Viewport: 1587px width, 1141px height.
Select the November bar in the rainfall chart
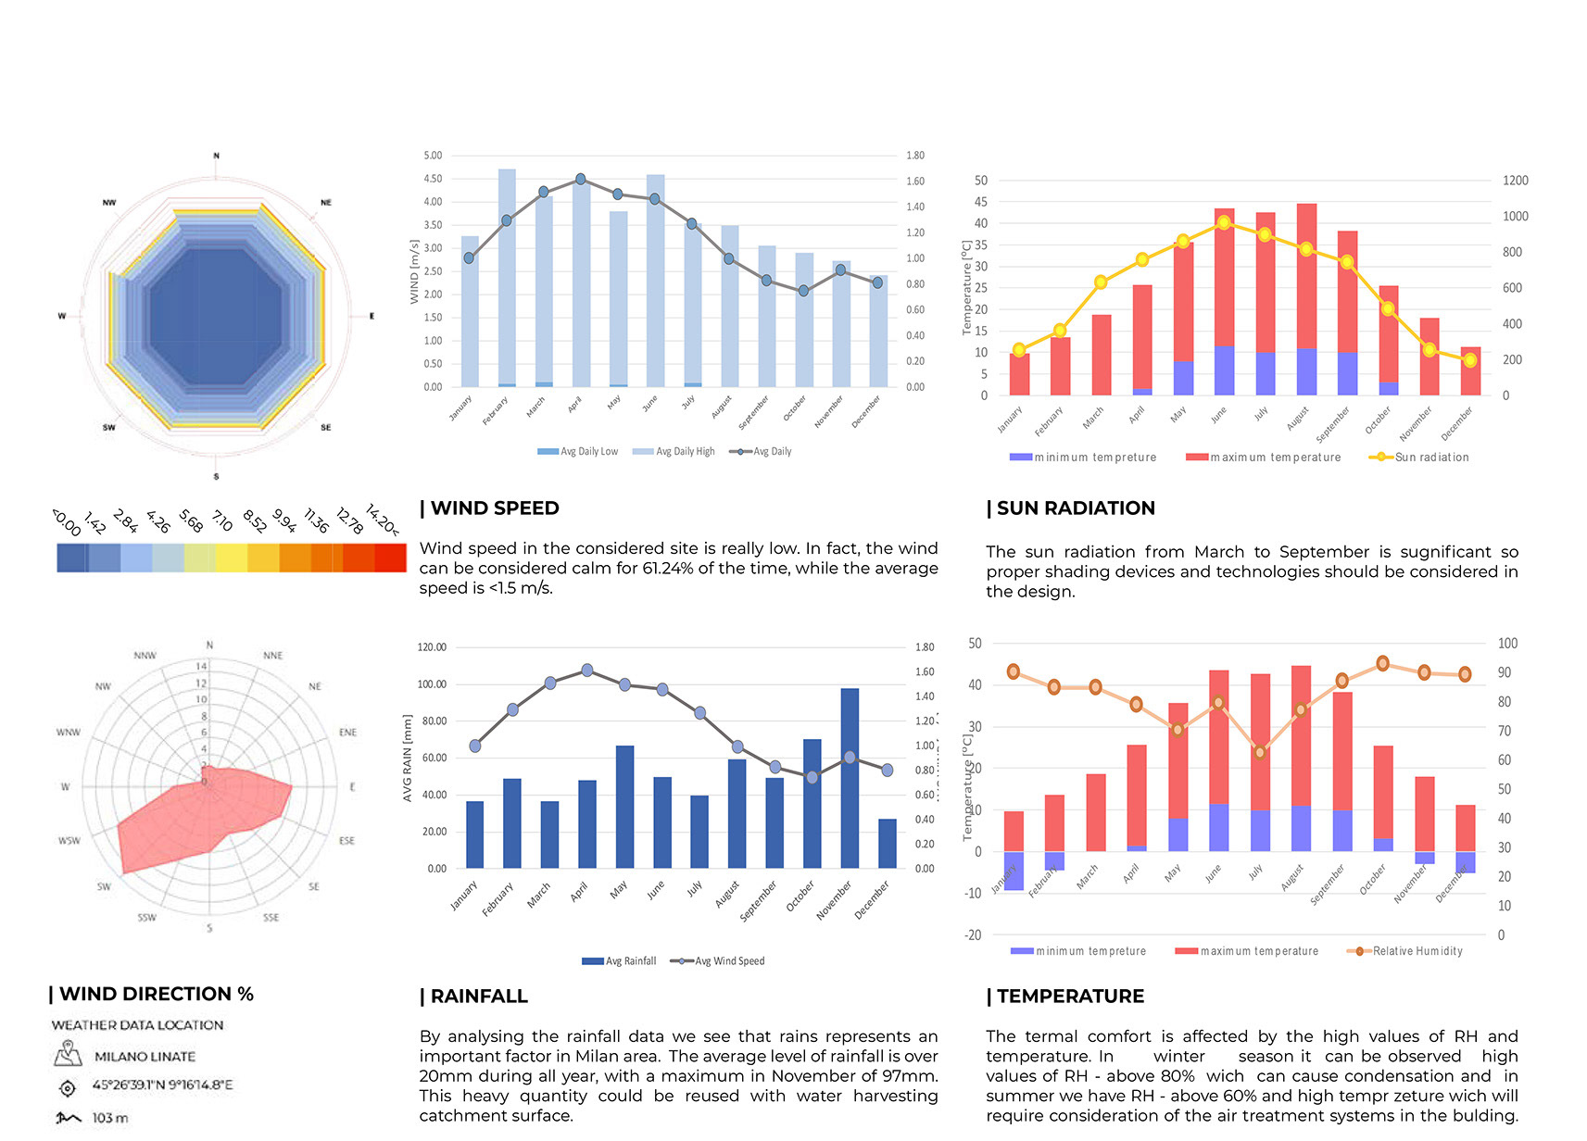coord(850,778)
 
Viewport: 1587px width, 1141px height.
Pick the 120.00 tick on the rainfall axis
coord(432,647)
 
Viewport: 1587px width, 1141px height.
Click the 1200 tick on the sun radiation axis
coord(1515,181)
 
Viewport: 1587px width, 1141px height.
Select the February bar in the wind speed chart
coord(507,278)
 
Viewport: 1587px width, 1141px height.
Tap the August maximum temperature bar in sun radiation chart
coord(1306,278)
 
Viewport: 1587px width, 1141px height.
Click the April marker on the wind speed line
coord(581,179)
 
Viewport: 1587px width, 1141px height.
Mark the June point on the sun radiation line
coord(1224,222)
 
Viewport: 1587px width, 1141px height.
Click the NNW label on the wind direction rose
coord(145,656)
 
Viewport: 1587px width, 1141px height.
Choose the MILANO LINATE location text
coord(145,1057)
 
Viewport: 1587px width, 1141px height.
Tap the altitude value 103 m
coord(109,1118)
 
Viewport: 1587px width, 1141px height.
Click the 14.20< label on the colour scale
coord(384,520)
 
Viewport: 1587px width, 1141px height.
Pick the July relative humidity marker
coord(1259,752)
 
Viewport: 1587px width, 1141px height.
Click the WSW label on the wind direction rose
coord(69,841)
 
